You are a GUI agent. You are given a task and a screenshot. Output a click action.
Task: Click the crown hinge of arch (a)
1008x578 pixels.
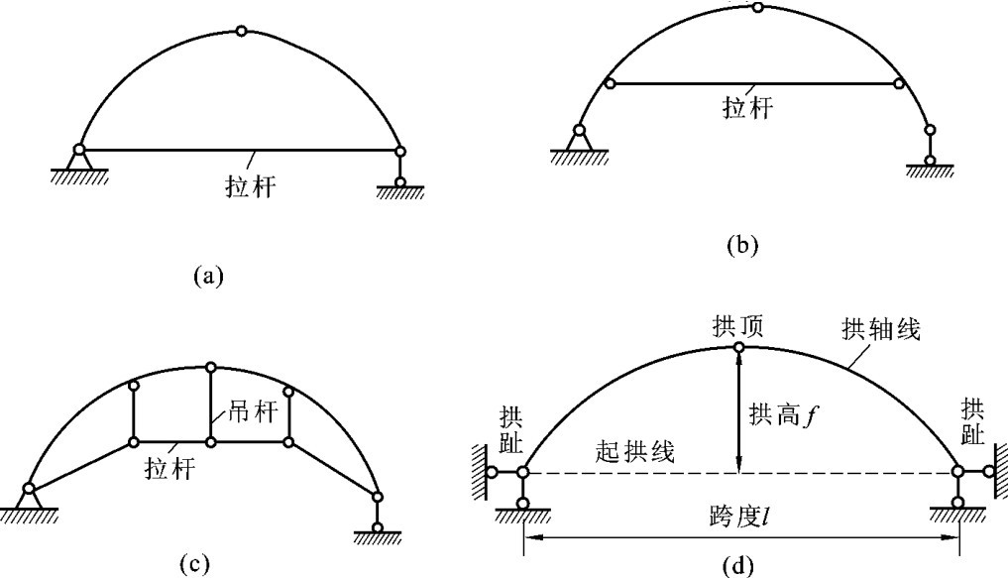pyautogui.click(x=241, y=32)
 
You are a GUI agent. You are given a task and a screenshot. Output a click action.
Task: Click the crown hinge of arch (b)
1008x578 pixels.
pyautogui.click(x=758, y=8)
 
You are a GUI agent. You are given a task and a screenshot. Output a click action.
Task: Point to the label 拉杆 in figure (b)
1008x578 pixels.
pyautogui.click(x=746, y=107)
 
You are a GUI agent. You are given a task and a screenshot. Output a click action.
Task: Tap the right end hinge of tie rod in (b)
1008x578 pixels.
pyautogui.click(x=900, y=84)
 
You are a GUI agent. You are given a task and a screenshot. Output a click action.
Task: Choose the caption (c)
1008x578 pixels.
pyautogui.click(x=193, y=564)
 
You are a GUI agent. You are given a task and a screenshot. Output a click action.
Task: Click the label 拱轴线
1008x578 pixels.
pyautogui.click(x=881, y=330)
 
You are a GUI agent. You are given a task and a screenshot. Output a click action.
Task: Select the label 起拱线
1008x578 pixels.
pyautogui.click(x=635, y=453)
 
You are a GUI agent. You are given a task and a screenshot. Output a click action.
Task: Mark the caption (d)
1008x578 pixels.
pyautogui.click(x=739, y=566)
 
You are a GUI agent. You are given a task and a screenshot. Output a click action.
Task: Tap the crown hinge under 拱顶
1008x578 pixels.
pyautogui.click(x=738, y=347)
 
